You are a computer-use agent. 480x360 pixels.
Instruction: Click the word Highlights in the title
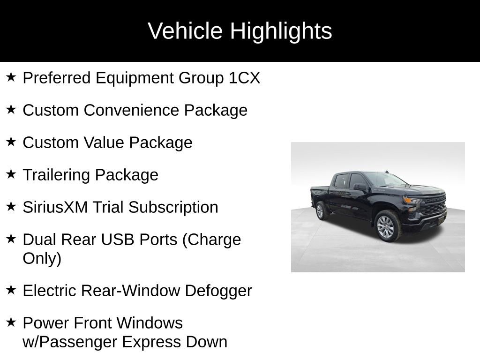coord(281,31)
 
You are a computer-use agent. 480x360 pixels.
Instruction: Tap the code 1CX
coord(244,78)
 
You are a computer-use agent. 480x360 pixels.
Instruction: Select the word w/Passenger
coord(70,342)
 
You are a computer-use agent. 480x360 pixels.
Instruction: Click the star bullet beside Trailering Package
coord(11,174)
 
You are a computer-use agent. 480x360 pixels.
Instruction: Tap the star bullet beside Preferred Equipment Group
coord(11,77)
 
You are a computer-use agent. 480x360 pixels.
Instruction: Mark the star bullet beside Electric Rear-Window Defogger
coord(11,290)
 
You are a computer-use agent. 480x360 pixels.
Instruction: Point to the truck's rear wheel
coord(321,210)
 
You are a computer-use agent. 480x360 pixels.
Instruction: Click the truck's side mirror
coord(360,187)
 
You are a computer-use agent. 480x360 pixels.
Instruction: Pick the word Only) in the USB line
coord(42,259)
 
